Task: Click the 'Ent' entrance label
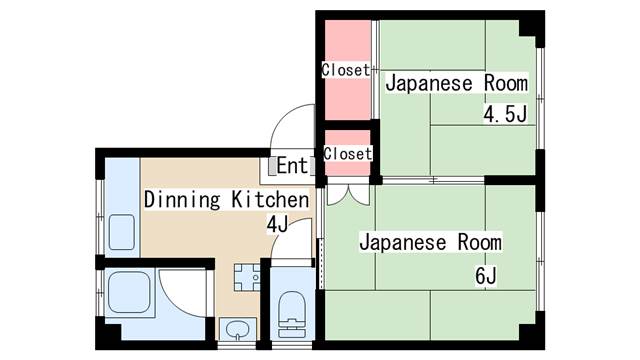(291, 165)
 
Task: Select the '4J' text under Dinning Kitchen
(276, 223)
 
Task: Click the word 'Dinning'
(181, 199)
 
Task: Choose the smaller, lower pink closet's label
(348, 154)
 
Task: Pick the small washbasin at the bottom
(238, 329)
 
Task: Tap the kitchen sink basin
(121, 233)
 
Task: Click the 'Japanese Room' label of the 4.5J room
(456, 82)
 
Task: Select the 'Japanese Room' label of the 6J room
(430, 243)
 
